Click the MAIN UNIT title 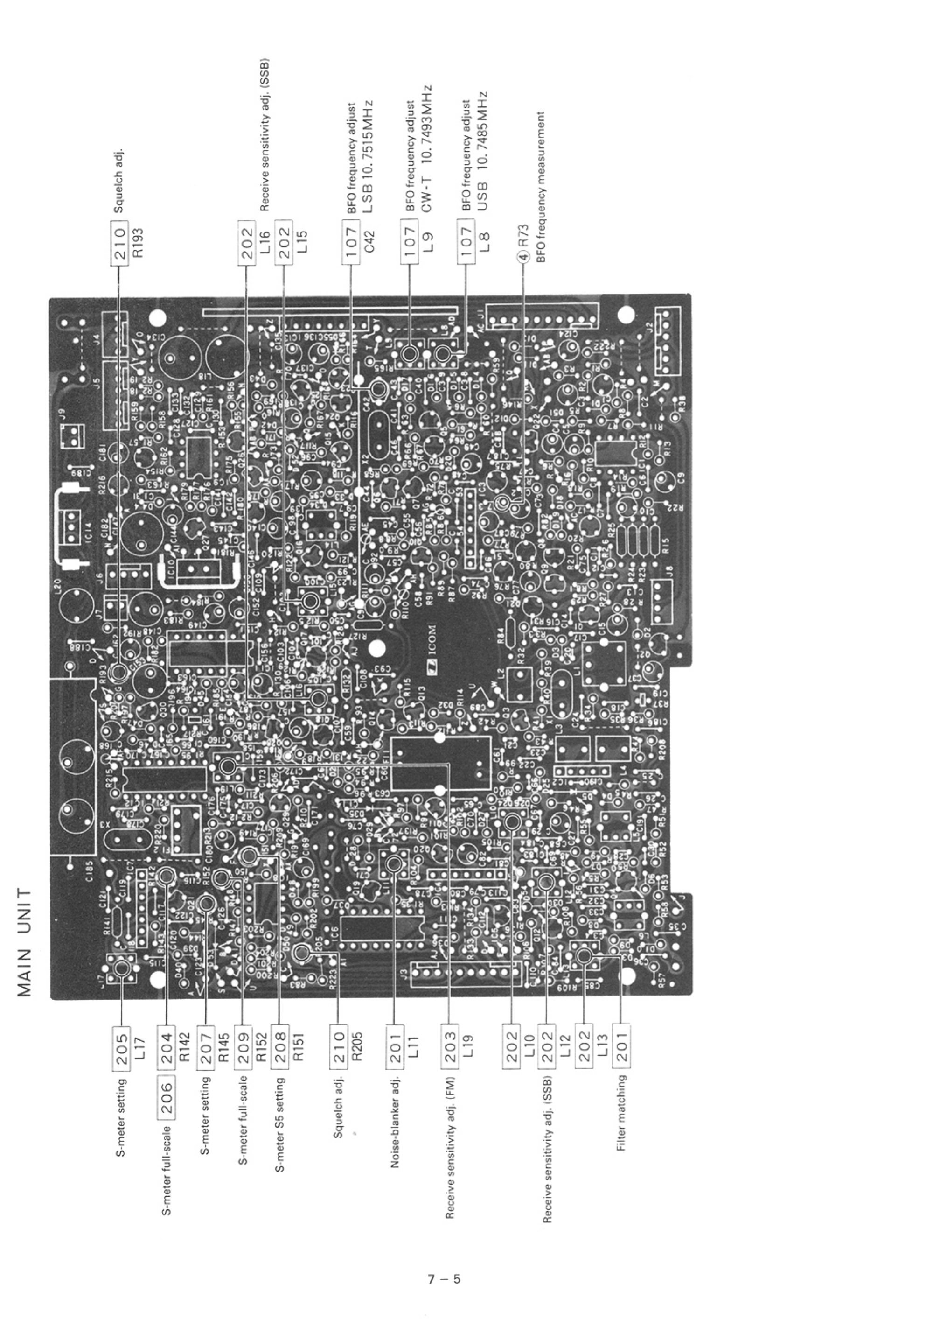tap(24, 942)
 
